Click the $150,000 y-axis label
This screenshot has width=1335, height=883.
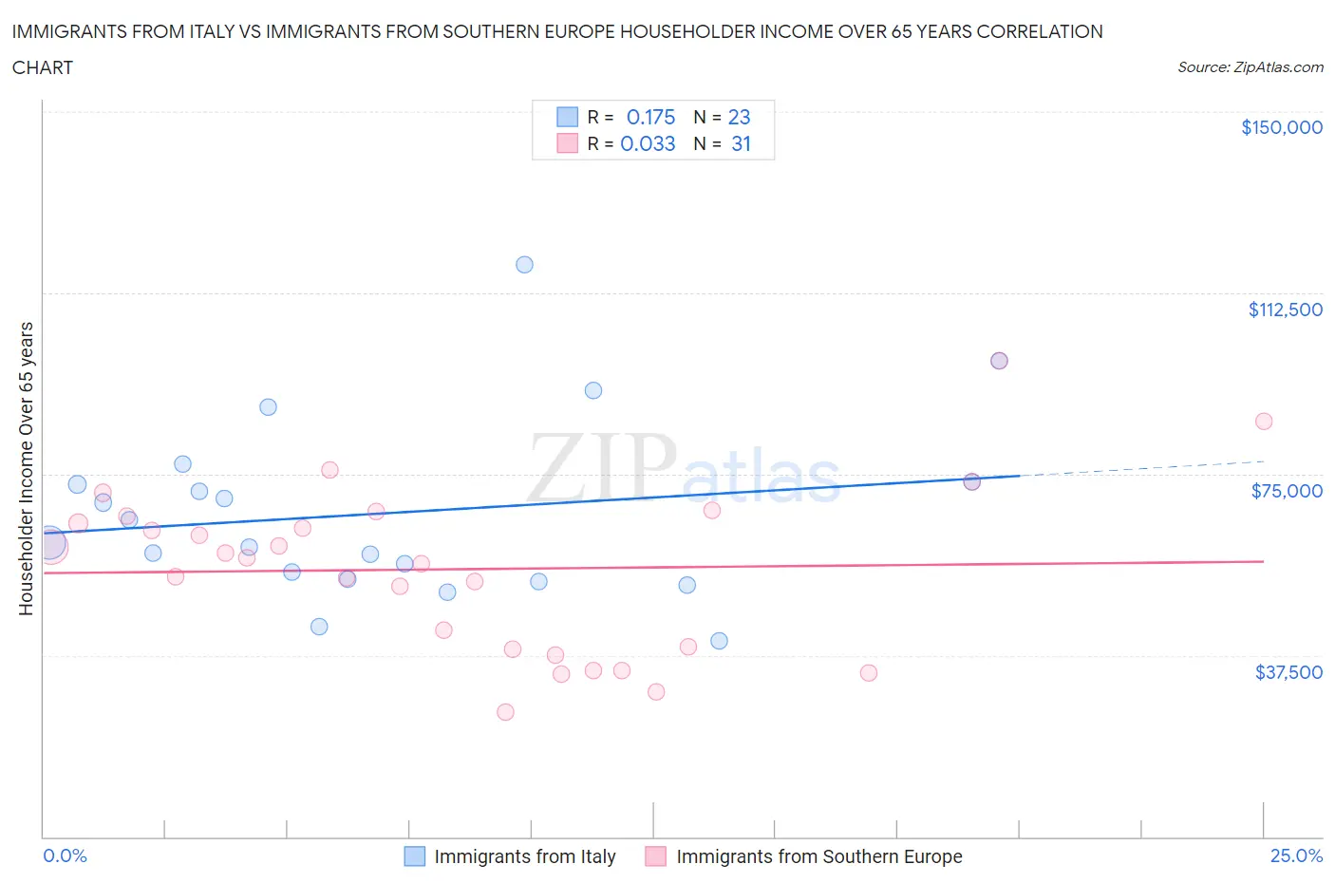1281,127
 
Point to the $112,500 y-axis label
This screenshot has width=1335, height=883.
1285,310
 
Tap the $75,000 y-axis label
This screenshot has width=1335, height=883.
1286,491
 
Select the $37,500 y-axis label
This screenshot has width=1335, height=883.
1288,672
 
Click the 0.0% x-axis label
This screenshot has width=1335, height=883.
65,855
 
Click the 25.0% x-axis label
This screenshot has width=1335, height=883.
1296,855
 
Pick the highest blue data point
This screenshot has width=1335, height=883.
524,265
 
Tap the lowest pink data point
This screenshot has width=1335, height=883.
505,712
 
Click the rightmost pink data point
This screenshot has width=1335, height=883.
1263,422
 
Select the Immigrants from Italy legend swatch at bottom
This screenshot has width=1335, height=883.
415,856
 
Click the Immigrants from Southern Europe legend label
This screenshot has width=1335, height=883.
818,856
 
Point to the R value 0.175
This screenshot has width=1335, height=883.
650,117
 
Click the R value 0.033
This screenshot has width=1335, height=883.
648,143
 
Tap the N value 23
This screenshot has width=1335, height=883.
739,117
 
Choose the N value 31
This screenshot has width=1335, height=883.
741,143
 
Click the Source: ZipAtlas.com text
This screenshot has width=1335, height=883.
1250,67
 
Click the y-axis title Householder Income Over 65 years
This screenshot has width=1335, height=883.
26,468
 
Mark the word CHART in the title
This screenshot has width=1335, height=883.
43,67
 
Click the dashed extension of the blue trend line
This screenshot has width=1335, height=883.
1139,468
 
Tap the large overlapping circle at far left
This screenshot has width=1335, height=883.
49,544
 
